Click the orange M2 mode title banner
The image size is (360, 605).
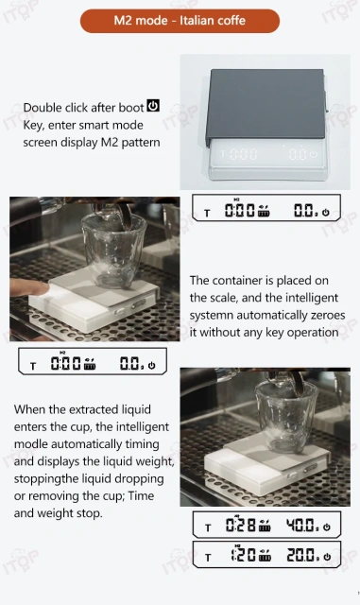(180, 21)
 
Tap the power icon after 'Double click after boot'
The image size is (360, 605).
(154, 106)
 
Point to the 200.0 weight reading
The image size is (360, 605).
(303, 555)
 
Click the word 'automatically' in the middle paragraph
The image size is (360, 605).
(280, 315)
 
